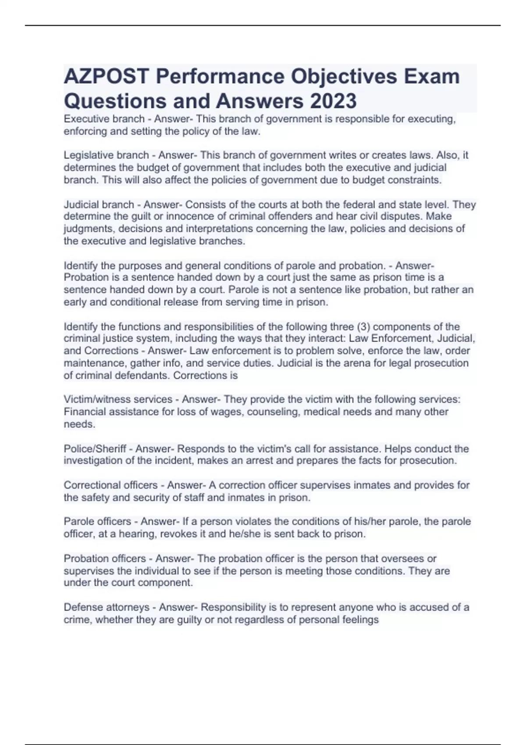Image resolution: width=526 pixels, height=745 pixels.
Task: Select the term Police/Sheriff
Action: coord(95,449)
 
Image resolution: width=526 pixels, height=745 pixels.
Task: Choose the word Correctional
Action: coord(89,485)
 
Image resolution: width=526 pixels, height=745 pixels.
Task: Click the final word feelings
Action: coord(360,620)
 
